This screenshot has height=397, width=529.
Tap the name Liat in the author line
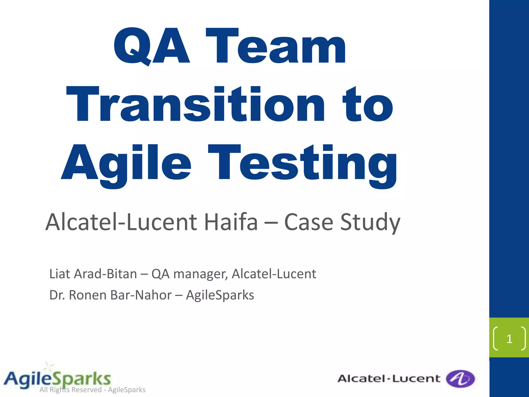[x=60, y=274]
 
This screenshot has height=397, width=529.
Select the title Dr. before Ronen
[x=57, y=295]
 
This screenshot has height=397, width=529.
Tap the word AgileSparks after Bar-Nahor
[x=220, y=295]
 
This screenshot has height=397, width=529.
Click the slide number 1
[x=509, y=339]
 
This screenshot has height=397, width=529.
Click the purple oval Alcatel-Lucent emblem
[x=460, y=379]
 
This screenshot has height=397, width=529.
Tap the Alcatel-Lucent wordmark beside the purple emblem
[x=388, y=379]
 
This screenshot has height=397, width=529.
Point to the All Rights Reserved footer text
[x=92, y=390]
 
